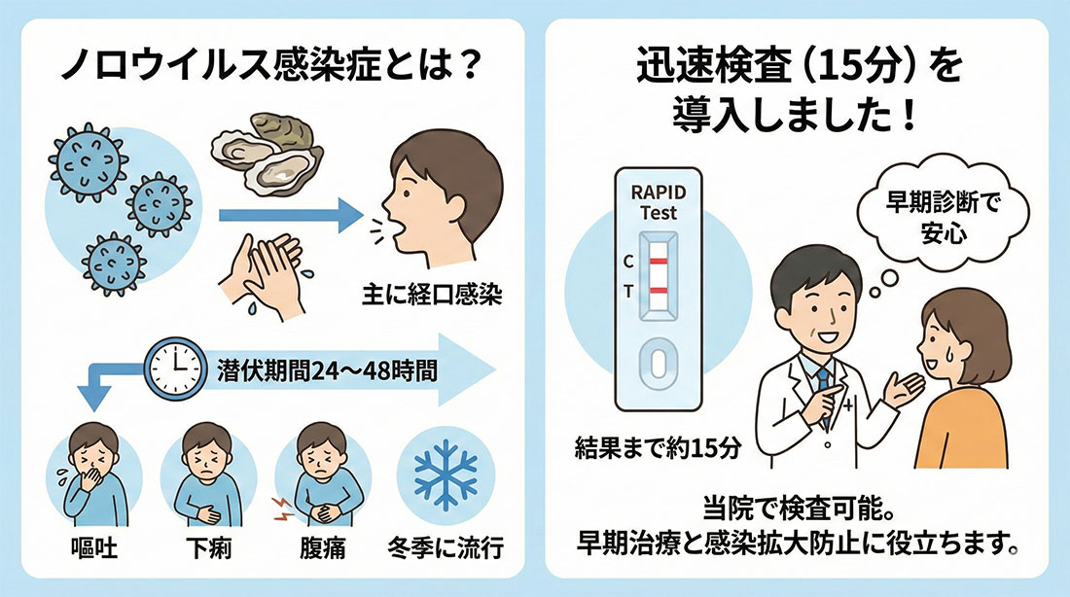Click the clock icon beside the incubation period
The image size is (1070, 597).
175,369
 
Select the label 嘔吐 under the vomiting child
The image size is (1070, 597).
94,547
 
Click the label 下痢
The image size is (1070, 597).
209,547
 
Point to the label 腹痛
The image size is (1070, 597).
322,547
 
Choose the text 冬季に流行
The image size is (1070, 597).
446,547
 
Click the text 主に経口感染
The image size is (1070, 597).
432,295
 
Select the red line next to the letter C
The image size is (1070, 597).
658,262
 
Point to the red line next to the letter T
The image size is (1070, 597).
658,292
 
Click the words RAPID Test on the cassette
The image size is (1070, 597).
658,202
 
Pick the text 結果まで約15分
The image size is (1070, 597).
658,448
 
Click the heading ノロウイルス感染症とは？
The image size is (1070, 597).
271,67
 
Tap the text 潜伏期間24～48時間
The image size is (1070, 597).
327,370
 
